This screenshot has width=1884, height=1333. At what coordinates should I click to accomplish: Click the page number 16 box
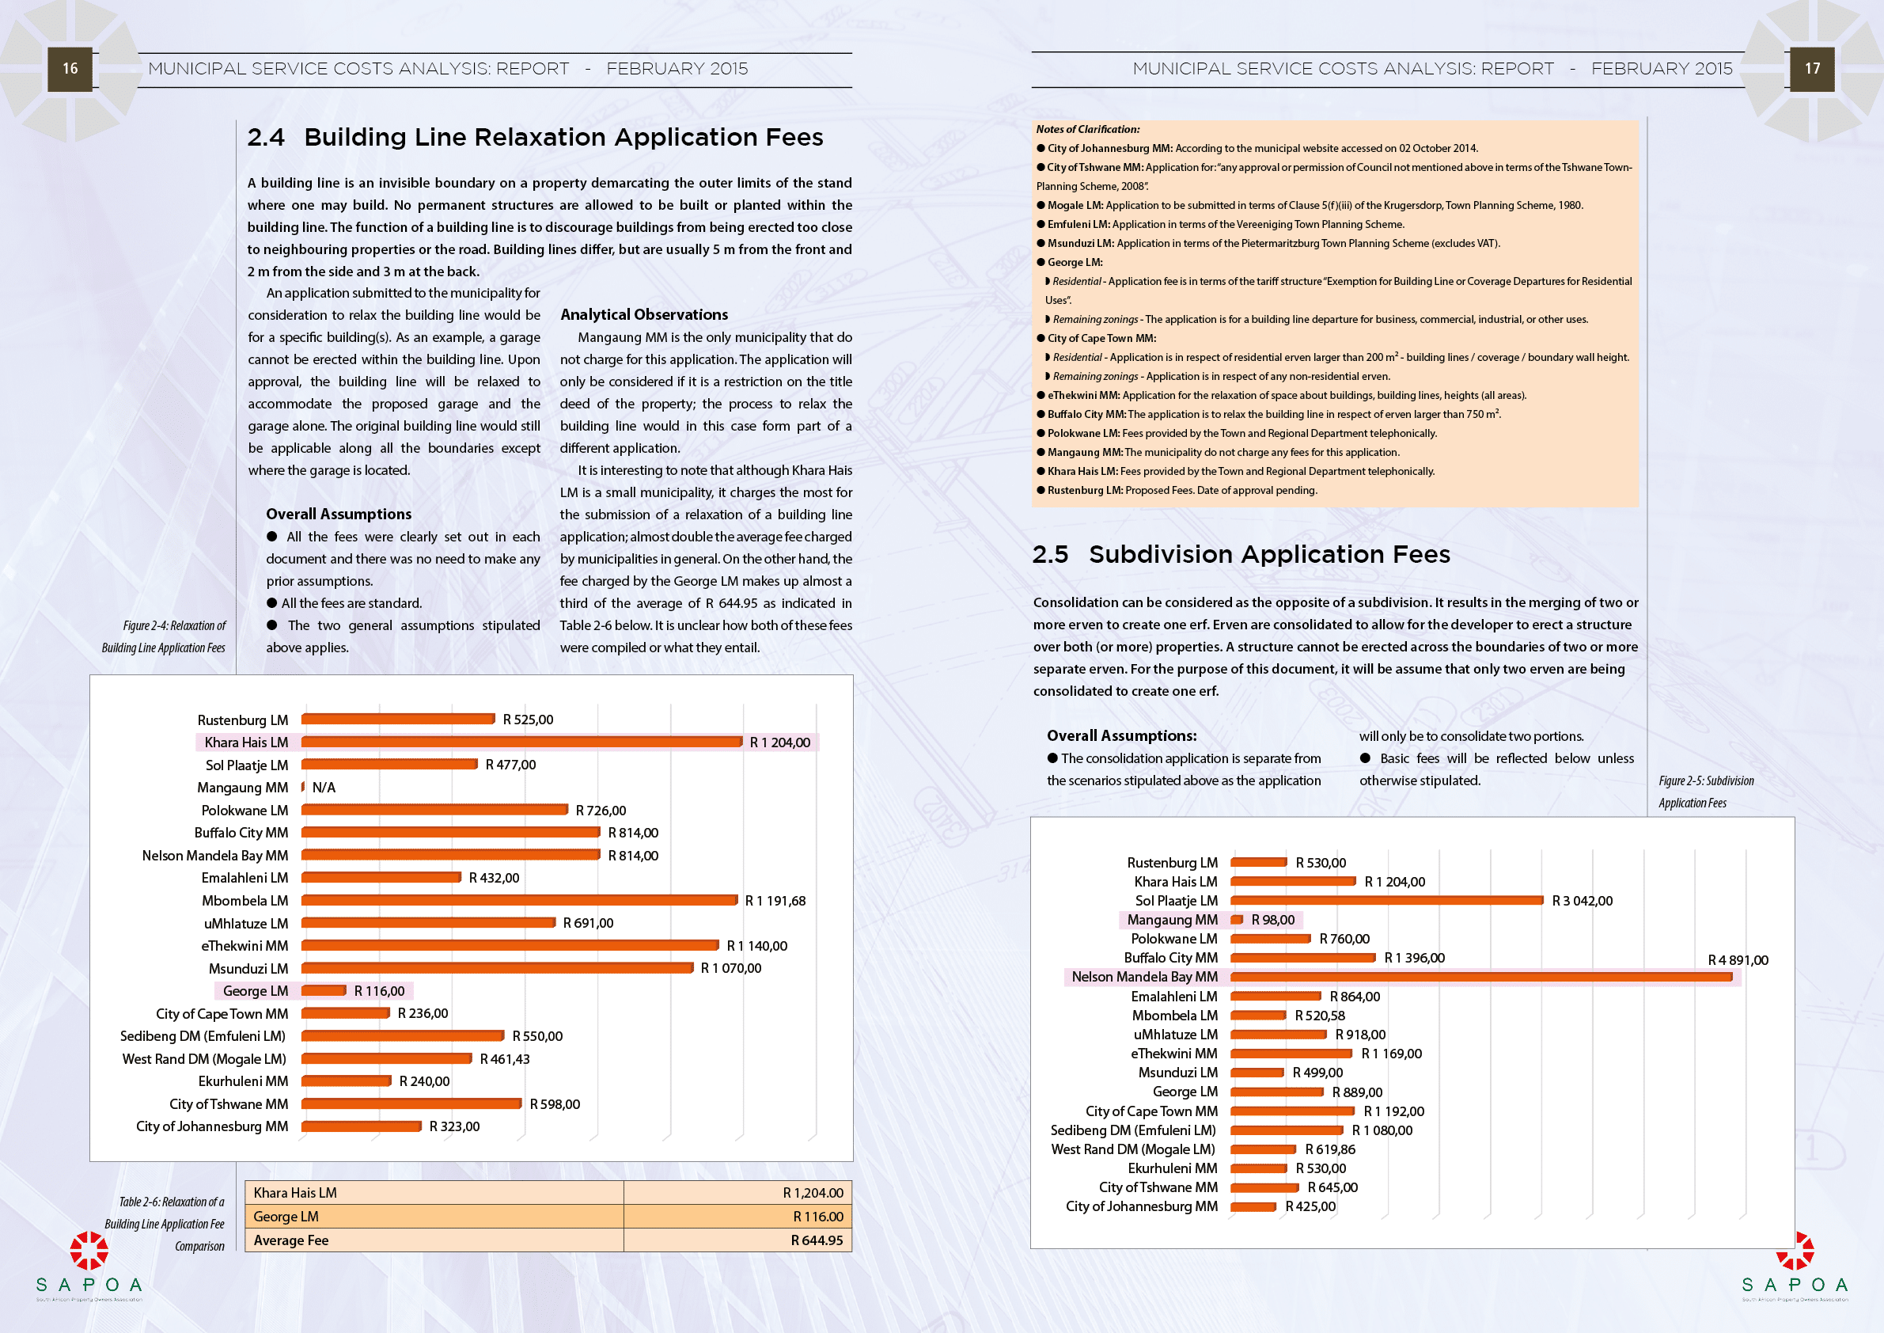[x=70, y=69]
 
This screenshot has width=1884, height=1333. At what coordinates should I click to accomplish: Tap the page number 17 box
[x=1812, y=69]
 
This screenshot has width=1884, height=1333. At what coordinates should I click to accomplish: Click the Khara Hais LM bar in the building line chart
[x=522, y=742]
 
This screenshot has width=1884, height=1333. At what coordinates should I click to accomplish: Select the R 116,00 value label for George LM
[x=379, y=992]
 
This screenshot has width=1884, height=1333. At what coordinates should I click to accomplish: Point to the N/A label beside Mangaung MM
[x=324, y=788]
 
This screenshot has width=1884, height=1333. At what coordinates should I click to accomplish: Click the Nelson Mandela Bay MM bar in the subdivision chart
[x=1481, y=978]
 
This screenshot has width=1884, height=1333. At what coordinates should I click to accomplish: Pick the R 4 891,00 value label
[x=1738, y=960]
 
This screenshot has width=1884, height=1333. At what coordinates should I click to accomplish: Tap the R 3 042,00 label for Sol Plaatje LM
[x=1582, y=902]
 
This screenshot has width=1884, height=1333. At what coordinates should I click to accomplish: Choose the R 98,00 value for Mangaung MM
[x=1272, y=920]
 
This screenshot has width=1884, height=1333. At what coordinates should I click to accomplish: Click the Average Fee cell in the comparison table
[x=291, y=1240]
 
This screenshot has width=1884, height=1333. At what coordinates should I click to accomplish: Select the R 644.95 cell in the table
[x=817, y=1240]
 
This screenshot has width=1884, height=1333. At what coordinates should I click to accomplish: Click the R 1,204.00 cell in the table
[x=813, y=1193]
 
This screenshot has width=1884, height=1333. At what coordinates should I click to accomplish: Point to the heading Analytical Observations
[x=644, y=314]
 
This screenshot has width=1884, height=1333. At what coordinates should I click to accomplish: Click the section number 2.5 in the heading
[x=1050, y=555]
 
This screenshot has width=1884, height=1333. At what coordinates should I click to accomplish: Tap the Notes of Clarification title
[x=1087, y=130]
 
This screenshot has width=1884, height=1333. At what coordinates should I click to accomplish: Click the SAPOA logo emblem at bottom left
[x=89, y=1250]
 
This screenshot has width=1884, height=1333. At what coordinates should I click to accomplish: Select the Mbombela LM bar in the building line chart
[x=519, y=901]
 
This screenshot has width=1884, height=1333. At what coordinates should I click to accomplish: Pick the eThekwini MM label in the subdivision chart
[x=1174, y=1054]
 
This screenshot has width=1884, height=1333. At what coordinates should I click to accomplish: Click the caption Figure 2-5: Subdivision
[x=1706, y=781]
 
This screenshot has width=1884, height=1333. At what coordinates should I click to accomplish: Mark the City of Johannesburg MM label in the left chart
[x=212, y=1127]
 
